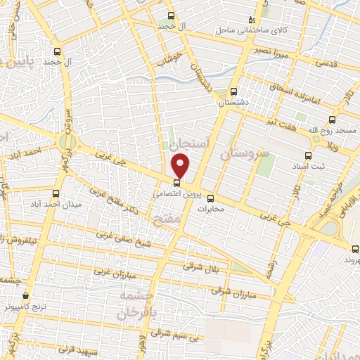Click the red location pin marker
click(181, 165)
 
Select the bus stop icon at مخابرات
click(211, 198)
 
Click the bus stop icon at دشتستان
click(234, 91)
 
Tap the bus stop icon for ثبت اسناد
click(307, 155)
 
